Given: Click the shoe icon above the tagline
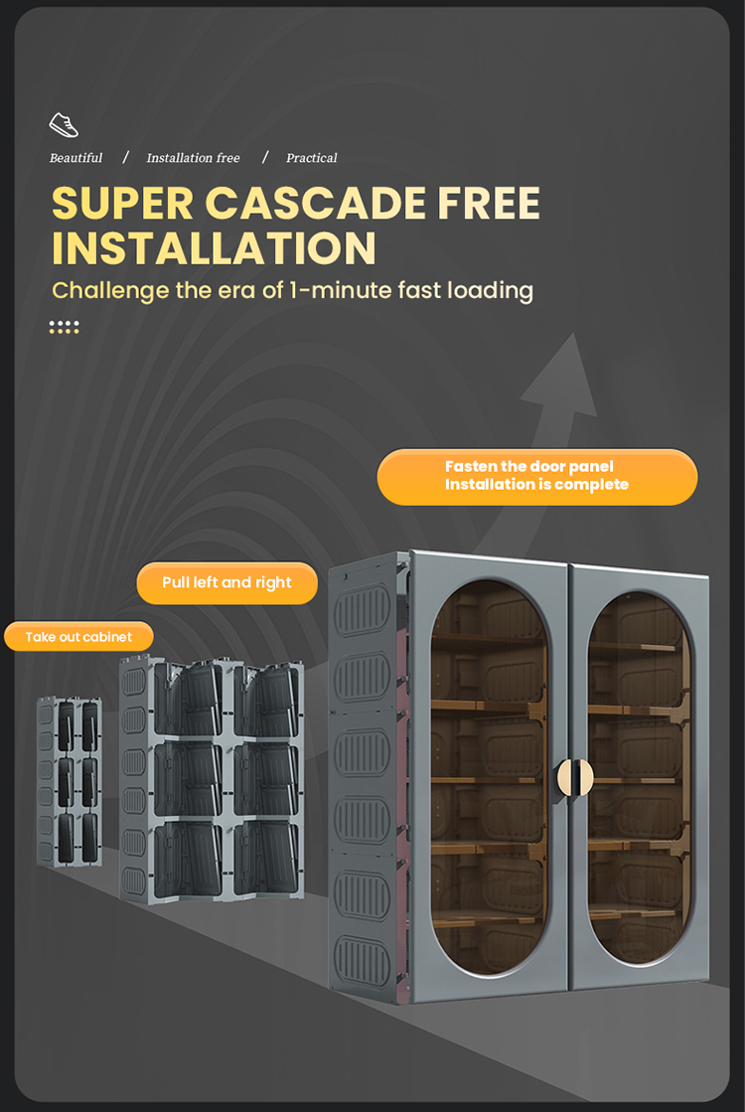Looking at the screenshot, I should pyautogui.click(x=64, y=125).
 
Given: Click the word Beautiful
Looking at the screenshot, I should pyautogui.click(x=75, y=158).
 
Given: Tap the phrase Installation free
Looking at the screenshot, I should pyautogui.click(x=193, y=158).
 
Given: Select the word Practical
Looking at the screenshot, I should pyautogui.click(x=311, y=158).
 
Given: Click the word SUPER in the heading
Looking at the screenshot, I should pyautogui.click(x=122, y=204).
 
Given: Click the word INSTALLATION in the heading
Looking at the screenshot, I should pyautogui.click(x=214, y=248).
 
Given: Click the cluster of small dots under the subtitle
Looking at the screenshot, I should pyautogui.click(x=64, y=326).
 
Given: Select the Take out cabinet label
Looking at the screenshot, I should pyautogui.click(x=78, y=637).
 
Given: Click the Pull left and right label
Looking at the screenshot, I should pyautogui.click(x=227, y=583).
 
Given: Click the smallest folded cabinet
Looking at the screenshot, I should pyautogui.click(x=71, y=780).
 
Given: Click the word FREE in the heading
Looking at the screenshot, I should pyautogui.click(x=489, y=204).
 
